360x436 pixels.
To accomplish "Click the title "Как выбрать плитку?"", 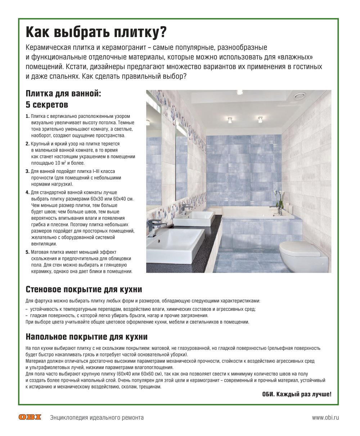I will pyautogui.click(x=96, y=32).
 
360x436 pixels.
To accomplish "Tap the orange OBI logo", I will pyautogui.click(x=30, y=418).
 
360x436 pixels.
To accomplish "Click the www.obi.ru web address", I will pyautogui.click(x=325, y=418).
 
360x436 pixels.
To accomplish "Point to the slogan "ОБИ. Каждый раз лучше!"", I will pyautogui.click(x=297, y=394).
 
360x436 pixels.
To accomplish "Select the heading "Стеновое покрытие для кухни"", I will pyautogui.click(x=84, y=289).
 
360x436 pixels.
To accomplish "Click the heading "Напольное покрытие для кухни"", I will pyautogui.click(x=86, y=337).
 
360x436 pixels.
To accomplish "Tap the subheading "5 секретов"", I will pyautogui.click(x=47, y=105).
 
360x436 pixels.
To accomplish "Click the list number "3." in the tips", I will pyautogui.click(x=28, y=171).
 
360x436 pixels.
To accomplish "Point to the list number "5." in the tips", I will pyautogui.click(x=28, y=252).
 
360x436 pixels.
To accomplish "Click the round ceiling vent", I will pyautogui.click(x=299, y=95).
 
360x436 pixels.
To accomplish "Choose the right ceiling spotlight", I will pyautogui.click(x=260, y=119).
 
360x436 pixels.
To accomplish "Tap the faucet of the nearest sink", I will pyautogui.click(x=156, y=225).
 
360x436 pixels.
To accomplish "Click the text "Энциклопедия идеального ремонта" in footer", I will pyautogui.click(x=97, y=418).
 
